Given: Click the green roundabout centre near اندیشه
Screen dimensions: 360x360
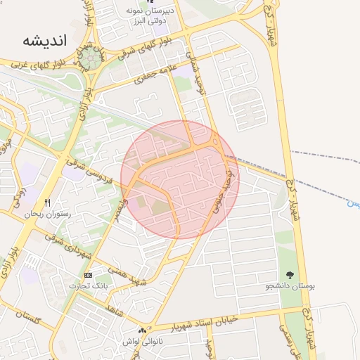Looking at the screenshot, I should (x=89, y=59).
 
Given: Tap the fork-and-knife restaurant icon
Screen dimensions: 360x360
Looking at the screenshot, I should (x=47, y=202).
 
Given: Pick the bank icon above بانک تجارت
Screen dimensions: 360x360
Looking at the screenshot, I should (x=87, y=275).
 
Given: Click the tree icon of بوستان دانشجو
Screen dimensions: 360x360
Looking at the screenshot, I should (x=290, y=275).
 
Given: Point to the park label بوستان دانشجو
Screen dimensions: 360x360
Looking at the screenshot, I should (x=290, y=286).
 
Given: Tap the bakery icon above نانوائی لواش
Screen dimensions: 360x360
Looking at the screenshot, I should (x=143, y=330).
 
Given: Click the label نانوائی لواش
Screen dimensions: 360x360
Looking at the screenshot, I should (x=140, y=341).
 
